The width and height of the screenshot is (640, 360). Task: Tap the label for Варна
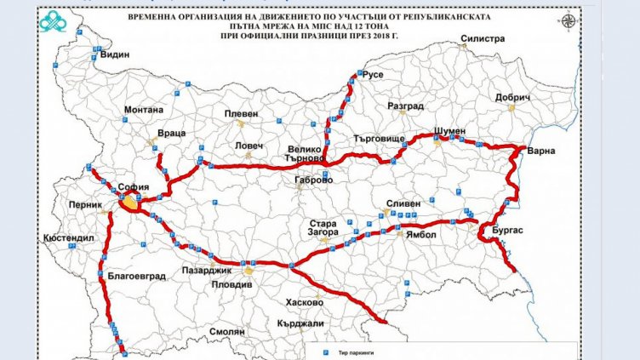(541, 151)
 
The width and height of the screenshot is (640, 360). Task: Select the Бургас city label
(508, 230)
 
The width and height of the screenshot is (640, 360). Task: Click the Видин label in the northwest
(117, 54)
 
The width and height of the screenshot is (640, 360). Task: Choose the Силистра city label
(483, 38)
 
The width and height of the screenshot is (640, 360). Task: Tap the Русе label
(373, 75)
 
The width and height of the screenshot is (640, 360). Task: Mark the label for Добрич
(513, 98)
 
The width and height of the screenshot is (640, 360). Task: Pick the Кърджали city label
(300, 323)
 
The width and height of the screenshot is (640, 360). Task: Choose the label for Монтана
(143, 110)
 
